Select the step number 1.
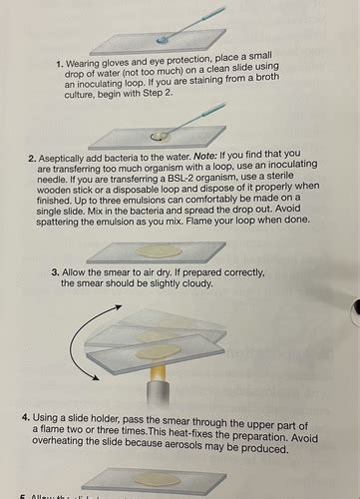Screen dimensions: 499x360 point(61,63)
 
